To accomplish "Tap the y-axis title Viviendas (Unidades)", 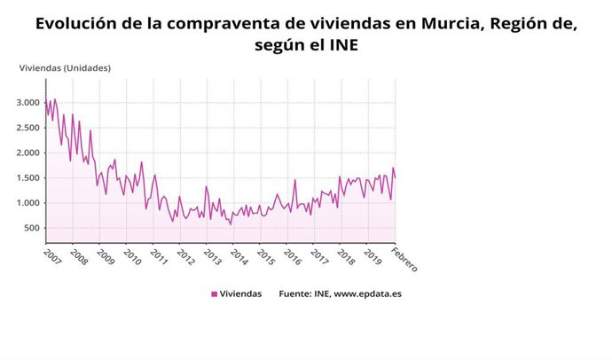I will pos(65,68).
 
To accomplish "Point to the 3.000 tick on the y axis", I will pos(28,102).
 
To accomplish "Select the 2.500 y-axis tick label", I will pos(28,128).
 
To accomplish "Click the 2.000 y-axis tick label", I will pos(28,153).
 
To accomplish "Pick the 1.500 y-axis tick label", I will pos(28,178).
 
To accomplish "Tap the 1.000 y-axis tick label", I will pos(28,203).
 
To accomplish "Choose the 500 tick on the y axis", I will pos(33,228).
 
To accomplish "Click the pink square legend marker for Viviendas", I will pos(214,294).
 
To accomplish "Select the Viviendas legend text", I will pos(240,294).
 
